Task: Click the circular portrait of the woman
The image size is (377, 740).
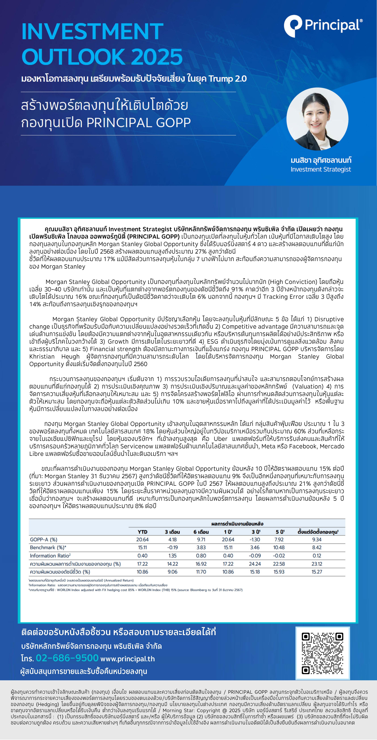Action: (x=317, y=119)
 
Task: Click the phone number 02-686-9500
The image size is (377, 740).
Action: (x=67, y=658)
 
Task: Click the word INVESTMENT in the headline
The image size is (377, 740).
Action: (x=92, y=32)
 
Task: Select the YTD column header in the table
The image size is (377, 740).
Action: (x=142, y=532)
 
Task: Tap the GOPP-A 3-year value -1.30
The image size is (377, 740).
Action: (x=255, y=539)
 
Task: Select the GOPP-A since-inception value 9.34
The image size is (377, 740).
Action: (x=317, y=539)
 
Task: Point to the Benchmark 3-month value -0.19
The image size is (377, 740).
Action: (x=172, y=547)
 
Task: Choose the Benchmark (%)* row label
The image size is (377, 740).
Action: (x=48, y=547)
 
